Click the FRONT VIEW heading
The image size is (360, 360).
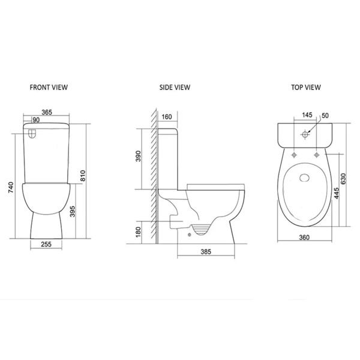(x=49, y=87)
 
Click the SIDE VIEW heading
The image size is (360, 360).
(x=175, y=87)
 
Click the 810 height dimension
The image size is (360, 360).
(x=83, y=175)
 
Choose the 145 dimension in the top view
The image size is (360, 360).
(x=307, y=115)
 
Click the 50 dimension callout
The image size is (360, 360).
(x=325, y=115)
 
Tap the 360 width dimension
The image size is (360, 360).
(x=305, y=238)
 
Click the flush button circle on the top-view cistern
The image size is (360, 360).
(x=305, y=134)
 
